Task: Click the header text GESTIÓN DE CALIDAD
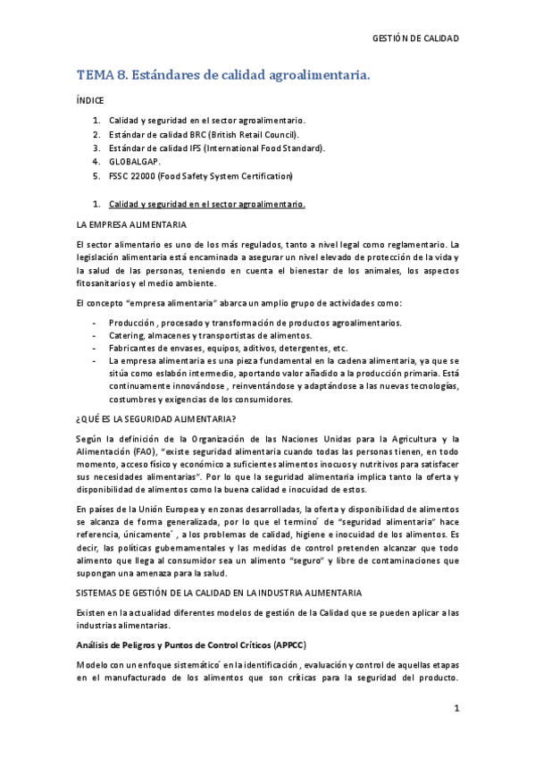415,39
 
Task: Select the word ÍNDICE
90,102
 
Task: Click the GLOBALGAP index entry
135,162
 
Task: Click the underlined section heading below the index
206,203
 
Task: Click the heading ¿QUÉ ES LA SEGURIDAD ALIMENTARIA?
155,418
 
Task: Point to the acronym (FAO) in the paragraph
142,453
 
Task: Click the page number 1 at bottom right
456,709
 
